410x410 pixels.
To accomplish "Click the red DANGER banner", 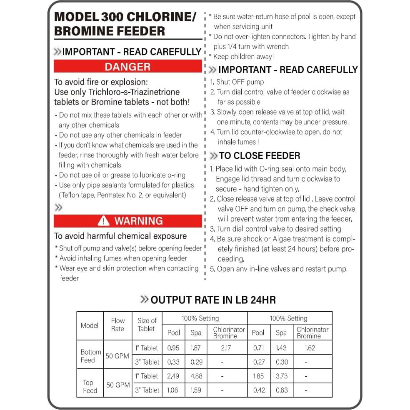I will coord(127,67).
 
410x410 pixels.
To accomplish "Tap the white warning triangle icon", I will coord(103,221).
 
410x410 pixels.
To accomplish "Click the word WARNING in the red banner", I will coord(138,221).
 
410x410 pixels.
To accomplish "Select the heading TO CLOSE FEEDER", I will coord(259,156).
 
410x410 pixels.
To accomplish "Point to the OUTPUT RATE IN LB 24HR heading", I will coord(213,300).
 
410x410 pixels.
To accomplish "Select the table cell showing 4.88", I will coord(196,376).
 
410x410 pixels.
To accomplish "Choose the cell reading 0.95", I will coord(173,347).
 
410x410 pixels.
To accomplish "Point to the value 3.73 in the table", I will coord(281,376).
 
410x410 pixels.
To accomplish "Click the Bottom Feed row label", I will coord(90,356).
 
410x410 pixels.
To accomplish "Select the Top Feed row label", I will coord(90,386).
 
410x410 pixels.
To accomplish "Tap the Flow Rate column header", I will coord(117,325).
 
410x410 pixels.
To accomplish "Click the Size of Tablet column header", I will coord(147,325).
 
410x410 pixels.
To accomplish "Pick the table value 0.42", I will coord(258,390).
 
